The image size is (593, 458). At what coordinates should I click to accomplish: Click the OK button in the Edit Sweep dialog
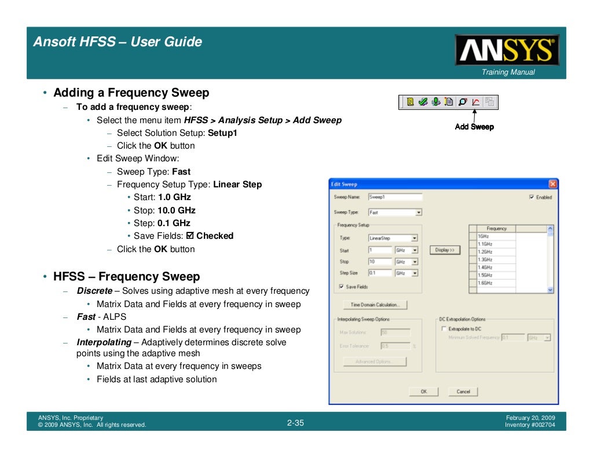coord(424,391)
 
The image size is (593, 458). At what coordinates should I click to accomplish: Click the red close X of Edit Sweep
coord(552,184)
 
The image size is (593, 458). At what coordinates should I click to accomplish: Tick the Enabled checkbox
coord(532,197)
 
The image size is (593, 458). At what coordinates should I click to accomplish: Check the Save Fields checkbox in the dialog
coord(341,287)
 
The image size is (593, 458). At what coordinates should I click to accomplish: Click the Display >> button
coord(445,250)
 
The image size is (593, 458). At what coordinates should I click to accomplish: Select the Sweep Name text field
coord(394,197)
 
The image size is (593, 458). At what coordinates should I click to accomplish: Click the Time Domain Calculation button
coord(375,305)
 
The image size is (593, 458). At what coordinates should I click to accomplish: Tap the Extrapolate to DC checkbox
coord(444,328)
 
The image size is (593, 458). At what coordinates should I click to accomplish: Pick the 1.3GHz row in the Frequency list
coord(496,260)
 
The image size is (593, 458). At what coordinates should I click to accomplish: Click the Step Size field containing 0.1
coord(379,273)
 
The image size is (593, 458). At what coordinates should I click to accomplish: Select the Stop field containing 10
coord(379,261)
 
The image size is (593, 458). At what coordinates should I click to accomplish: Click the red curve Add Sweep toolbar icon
coord(475,102)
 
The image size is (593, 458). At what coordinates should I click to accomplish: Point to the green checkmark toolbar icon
coord(423,102)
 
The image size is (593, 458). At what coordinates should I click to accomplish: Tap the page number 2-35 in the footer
coord(295,423)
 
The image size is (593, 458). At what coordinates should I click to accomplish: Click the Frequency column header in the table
coord(496,228)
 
